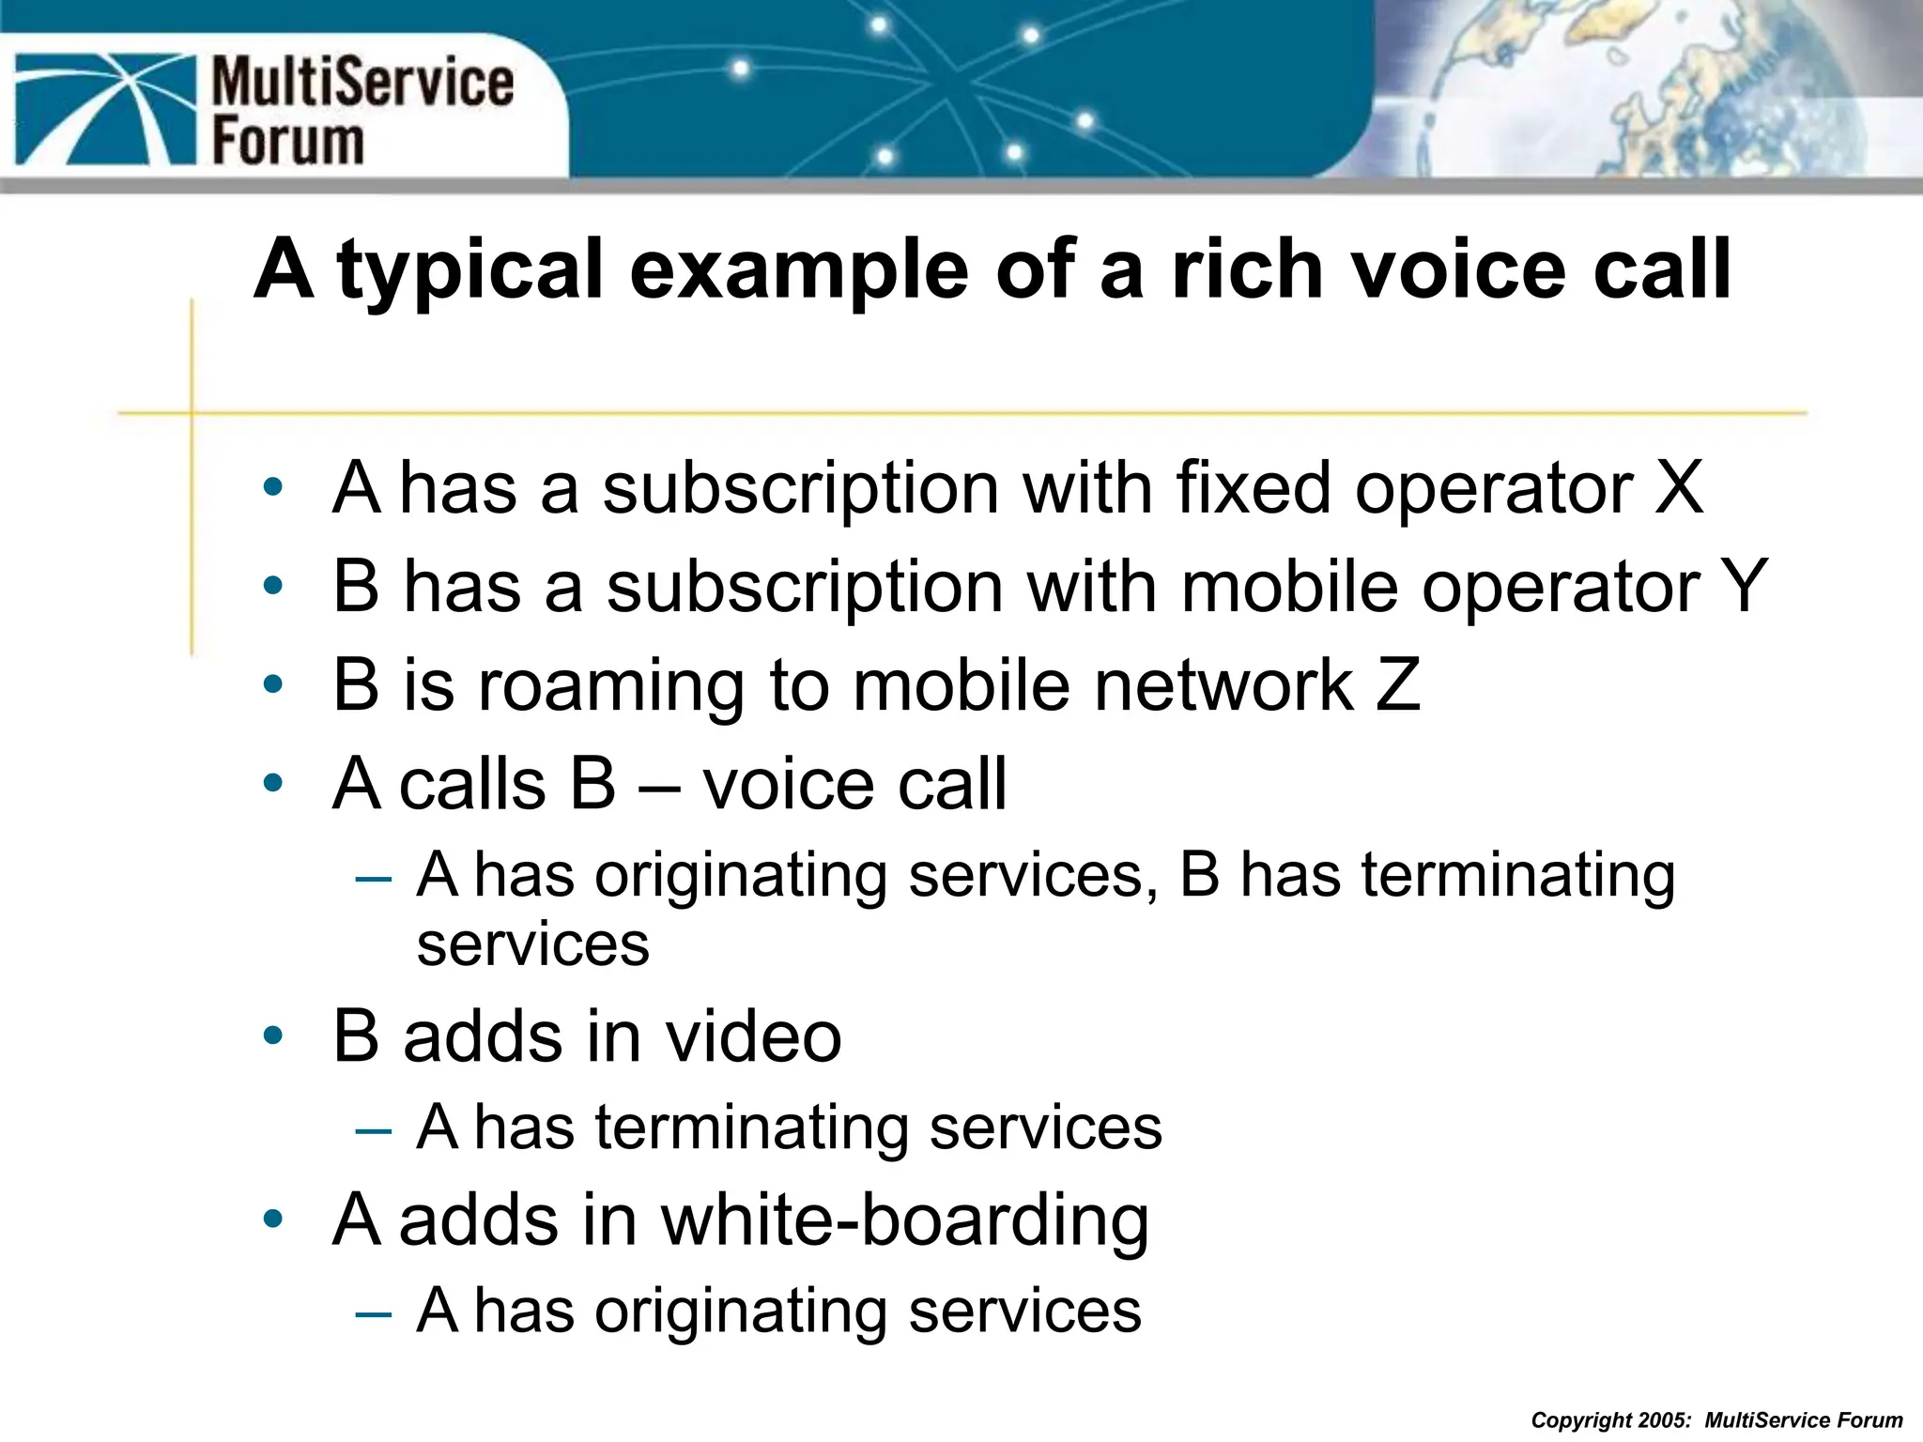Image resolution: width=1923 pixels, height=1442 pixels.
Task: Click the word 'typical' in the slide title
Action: [x=469, y=271]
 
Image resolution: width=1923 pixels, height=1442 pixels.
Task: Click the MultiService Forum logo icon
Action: [x=104, y=109]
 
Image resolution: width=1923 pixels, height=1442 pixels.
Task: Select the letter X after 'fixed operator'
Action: [x=1678, y=488]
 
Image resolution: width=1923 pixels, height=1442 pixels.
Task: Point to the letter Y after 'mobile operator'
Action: [x=1744, y=587]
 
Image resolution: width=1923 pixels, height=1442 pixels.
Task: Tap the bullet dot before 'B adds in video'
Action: [x=273, y=1036]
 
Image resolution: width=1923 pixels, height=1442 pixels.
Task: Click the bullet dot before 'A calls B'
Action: [x=273, y=783]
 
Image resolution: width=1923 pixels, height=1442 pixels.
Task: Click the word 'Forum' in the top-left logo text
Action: [x=287, y=142]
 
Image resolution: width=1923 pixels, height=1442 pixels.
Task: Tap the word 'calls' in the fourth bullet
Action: [x=472, y=784]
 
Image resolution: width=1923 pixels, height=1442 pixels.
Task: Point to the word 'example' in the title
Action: [x=799, y=271]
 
